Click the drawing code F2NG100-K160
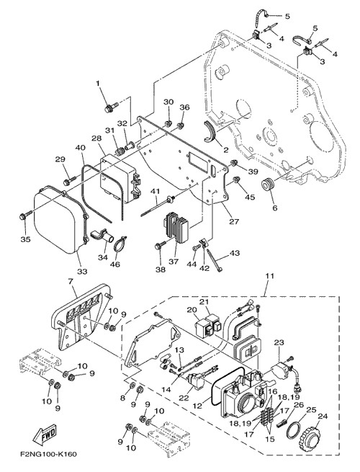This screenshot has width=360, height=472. (x=48, y=454)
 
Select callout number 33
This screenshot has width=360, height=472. (x=82, y=271)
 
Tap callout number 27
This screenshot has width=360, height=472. (x=234, y=221)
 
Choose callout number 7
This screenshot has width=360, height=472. (x=71, y=282)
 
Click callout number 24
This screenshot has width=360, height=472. (x=323, y=417)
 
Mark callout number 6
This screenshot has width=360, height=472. (x=275, y=208)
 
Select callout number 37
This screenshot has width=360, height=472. (x=174, y=262)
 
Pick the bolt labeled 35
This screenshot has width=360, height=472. (x=25, y=215)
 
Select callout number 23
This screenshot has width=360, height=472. (x=279, y=342)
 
